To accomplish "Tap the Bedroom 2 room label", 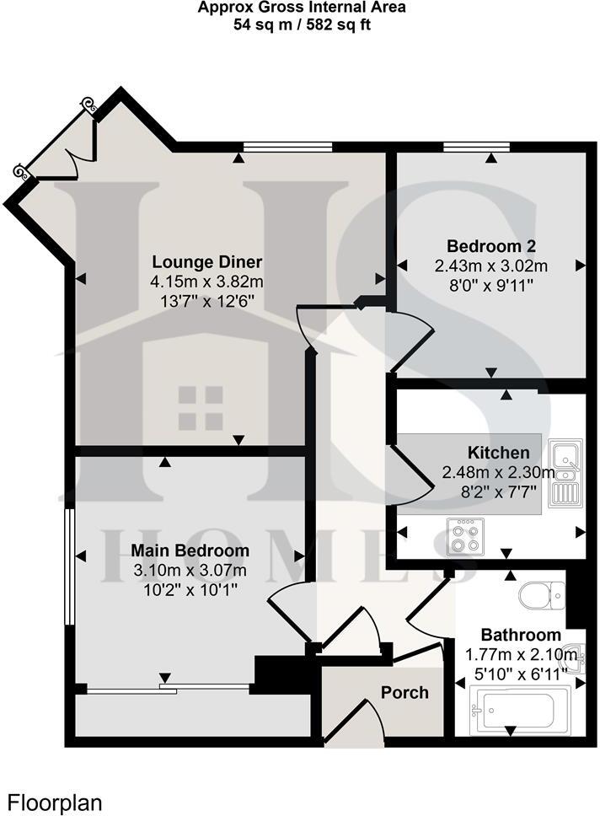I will tap(491, 246).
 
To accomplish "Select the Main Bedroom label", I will tap(190, 550).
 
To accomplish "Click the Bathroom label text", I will tap(521, 635).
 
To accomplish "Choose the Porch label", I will tap(404, 693).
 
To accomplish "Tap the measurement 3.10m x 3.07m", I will tap(190, 570).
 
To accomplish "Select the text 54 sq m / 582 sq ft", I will tap(302, 24).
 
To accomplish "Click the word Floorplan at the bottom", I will tap(56, 802).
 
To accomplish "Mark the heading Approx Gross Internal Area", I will tap(302, 8).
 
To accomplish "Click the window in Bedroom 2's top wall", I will tap(476, 148).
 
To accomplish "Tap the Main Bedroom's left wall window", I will tap(68, 565).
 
